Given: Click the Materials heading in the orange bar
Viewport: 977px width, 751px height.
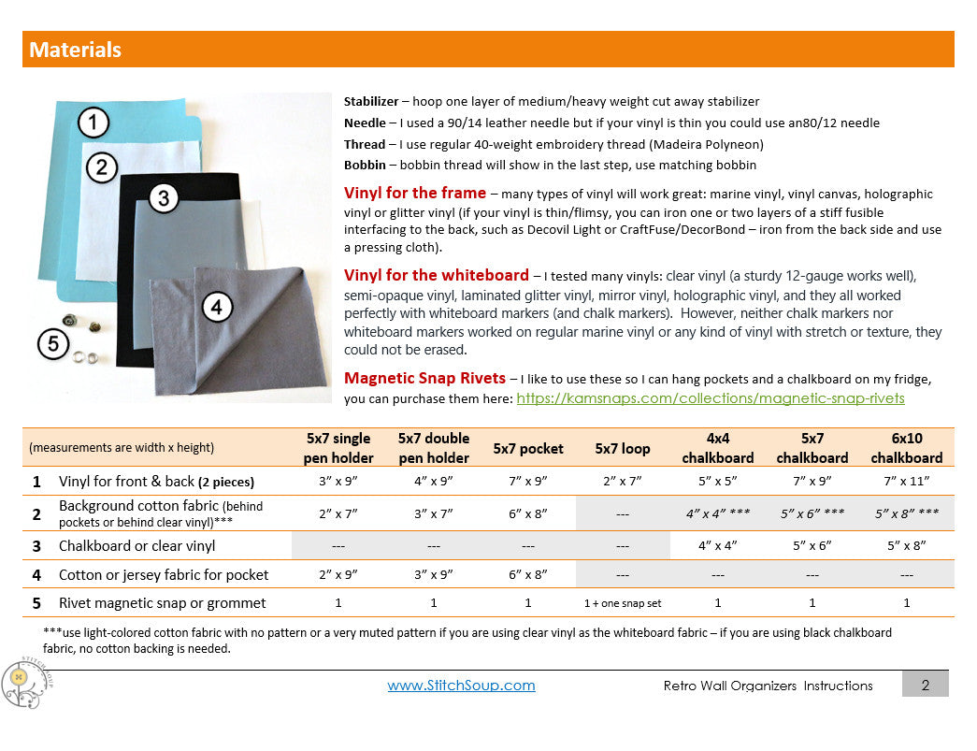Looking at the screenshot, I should point(75,50).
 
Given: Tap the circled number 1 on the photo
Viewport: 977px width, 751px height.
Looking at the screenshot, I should point(93,123).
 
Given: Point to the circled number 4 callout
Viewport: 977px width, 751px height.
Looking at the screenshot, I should point(217,306).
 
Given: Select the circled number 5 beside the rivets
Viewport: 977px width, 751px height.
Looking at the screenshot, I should point(53,344).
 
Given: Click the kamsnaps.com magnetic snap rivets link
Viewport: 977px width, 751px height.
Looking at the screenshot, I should point(711,398).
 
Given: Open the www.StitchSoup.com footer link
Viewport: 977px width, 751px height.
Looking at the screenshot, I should point(461,686).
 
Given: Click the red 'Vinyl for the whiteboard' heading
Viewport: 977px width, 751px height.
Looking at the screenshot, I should point(437,275).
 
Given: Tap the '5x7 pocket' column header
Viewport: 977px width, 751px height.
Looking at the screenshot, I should point(528,448).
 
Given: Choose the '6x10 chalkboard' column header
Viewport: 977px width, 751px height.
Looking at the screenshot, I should point(907,448).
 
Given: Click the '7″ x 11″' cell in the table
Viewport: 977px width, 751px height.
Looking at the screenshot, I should point(907,483).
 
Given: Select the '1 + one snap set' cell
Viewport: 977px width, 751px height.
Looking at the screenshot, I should point(623,603).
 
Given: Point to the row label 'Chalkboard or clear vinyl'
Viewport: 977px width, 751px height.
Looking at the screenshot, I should point(136,545).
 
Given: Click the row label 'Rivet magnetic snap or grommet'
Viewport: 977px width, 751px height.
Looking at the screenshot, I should point(162,603).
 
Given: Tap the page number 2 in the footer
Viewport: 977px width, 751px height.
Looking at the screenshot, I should point(925,685).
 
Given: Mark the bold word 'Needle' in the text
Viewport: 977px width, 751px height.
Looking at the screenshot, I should point(364,123).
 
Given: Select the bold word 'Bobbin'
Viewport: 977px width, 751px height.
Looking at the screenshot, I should point(364,165).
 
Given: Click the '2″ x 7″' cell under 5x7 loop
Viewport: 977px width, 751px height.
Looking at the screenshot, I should point(623,483).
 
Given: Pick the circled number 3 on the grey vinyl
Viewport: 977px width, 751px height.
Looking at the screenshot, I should point(164,197).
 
